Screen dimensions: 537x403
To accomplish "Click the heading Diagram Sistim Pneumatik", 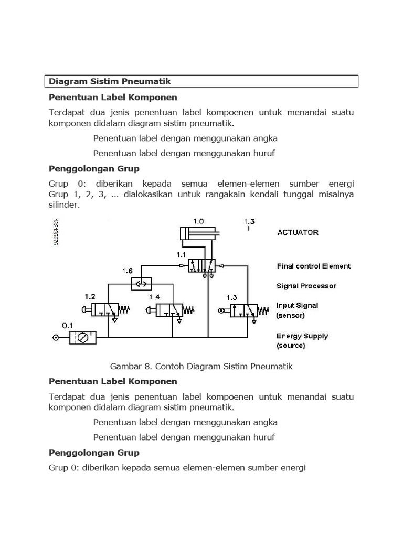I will click(110, 81).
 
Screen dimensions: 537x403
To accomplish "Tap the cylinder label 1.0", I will click(199, 221).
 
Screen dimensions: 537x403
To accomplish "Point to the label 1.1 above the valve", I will click(182, 255).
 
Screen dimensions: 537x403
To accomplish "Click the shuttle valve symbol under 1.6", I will click(141, 284).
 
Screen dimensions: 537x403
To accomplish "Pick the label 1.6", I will click(128, 271).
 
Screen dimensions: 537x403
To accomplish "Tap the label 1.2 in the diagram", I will click(90, 296).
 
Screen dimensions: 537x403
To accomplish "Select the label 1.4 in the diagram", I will click(154, 297).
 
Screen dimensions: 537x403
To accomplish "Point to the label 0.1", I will click(68, 326).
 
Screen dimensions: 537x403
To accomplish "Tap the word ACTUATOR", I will click(298, 232).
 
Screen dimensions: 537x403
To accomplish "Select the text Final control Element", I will click(313, 266).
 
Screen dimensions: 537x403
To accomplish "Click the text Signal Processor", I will click(306, 286).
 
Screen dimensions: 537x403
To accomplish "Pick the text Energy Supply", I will click(302, 336).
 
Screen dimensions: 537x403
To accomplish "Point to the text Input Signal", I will click(297, 305).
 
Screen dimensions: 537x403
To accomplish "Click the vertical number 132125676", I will click(55, 232).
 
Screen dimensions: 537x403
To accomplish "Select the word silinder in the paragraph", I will click(64, 205).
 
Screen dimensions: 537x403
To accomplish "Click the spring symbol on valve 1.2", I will click(124, 309).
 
